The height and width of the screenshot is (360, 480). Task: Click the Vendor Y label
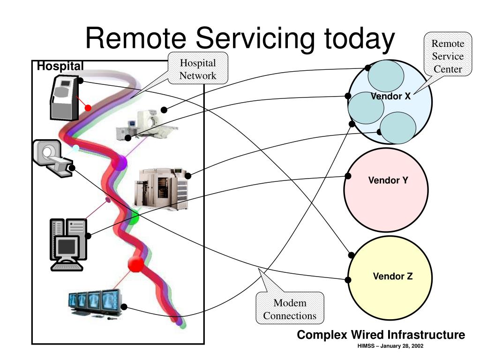tap(388, 180)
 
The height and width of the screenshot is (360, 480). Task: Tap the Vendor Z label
tap(392, 276)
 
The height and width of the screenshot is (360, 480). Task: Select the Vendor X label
tap(390, 96)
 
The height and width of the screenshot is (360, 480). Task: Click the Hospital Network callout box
tap(198, 68)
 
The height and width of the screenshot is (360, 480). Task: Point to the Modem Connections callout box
tap(290, 308)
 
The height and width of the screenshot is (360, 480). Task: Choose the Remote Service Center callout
tap(448, 54)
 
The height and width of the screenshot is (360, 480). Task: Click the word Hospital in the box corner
tap(60, 66)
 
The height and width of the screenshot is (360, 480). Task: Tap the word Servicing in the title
tap(255, 38)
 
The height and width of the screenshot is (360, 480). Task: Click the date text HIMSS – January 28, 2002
tap(390, 346)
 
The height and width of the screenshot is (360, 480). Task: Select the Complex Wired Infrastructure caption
tap(381, 335)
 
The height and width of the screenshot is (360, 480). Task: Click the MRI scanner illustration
tap(53, 158)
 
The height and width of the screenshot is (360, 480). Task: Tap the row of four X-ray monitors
tap(95, 304)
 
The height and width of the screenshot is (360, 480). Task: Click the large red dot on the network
tap(136, 264)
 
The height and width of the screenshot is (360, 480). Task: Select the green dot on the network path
tap(133, 217)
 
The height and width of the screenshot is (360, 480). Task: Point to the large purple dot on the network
tap(120, 163)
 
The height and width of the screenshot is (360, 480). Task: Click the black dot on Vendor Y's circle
tap(348, 176)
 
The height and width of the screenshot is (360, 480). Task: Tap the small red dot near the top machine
tap(88, 108)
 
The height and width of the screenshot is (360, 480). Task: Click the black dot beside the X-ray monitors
tap(124, 307)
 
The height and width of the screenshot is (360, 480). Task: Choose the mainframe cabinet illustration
tap(161, 189)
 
